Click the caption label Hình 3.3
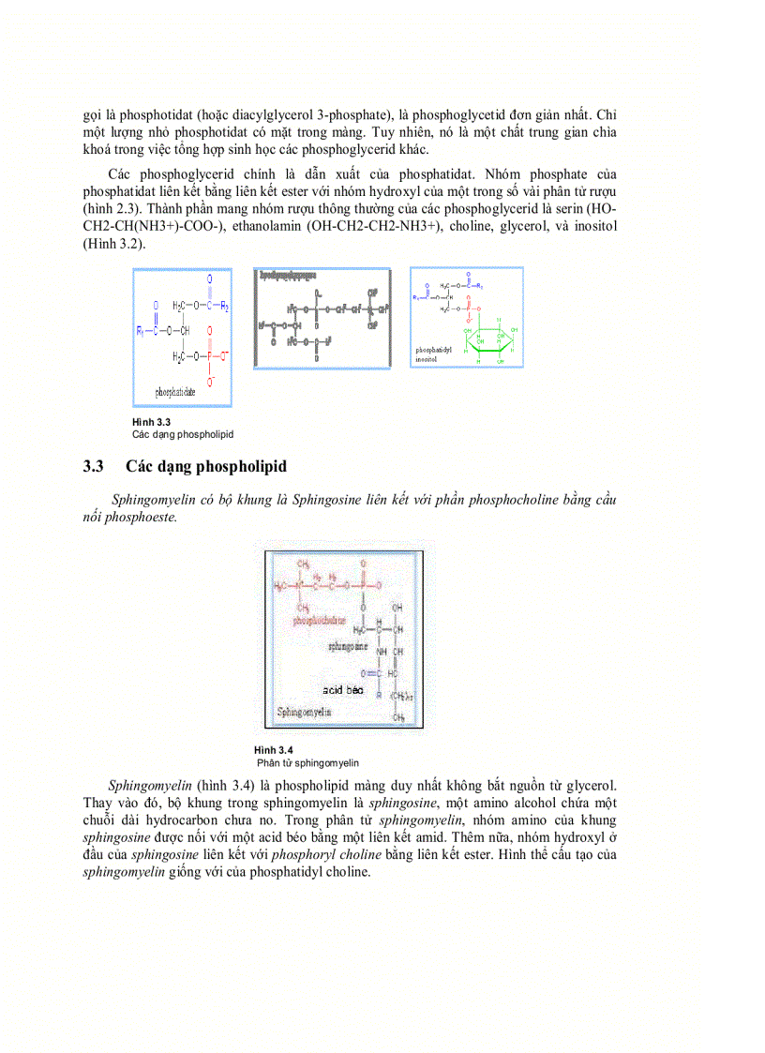pyautogui.click(x=150, y=424)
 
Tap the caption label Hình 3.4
pyautogui.click(x=273, y=750)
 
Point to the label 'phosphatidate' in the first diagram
pyautogui.click(x=175, y=392)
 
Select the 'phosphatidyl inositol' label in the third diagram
pyautogui.click(x=433, y=353)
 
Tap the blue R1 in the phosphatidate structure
pyautogui.click(x=141, y=330)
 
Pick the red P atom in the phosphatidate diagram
pyautogui.click(x=209, y=357)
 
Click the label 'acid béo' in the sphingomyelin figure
pyautogui.click(x=342, y=689)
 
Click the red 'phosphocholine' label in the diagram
pyautogui.click(x=319, y=620)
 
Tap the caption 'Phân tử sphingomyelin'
pyautogui.click(x=307, y=763)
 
